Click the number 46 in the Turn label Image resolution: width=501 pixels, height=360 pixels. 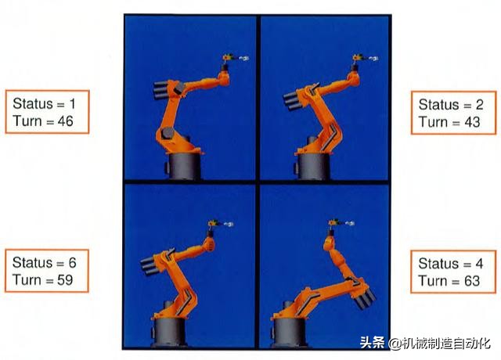[65, 121]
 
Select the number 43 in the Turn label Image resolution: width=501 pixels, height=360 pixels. [472, 122]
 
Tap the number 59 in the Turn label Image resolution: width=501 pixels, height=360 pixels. [65, 280]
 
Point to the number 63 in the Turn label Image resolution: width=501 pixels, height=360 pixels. [471, 281]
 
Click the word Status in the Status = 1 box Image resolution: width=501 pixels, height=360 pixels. [33, 104]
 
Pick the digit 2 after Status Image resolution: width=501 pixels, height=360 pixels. [479, 105]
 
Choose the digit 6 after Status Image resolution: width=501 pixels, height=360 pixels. [72, 263]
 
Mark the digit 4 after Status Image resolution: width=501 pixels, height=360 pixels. [479, 264]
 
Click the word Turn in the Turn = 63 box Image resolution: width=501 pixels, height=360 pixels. [432, 281]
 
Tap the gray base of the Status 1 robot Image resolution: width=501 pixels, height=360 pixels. [183, 166]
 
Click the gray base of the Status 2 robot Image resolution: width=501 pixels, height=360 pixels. [312, 166]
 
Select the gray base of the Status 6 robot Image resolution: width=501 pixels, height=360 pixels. [170, 332]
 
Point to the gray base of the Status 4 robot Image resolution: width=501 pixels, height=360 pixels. [289, 332]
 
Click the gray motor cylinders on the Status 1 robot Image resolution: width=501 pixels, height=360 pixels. [160, 89]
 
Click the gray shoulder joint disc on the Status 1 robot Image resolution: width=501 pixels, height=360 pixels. [167, 132]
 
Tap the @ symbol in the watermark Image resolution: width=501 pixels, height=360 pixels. [395, 344]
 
